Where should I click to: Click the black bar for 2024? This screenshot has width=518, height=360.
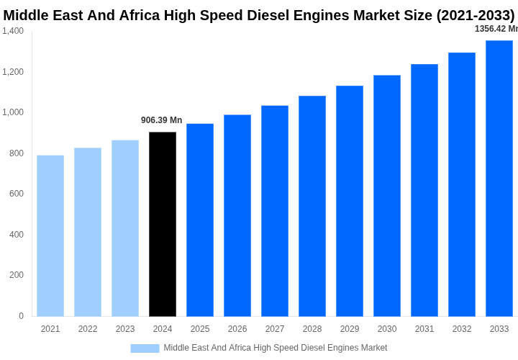click(x=163, y=224)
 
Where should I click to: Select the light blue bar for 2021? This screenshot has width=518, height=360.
click(x=50, y=235)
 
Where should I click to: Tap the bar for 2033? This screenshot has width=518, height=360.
click(x=499, y=178)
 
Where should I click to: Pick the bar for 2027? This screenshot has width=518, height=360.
click(x=275, y=211)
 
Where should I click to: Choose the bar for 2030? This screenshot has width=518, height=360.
click(x=387, y=196)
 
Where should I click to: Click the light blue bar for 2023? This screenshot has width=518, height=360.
click(x=125, y=228)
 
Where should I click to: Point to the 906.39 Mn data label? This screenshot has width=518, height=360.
click(x=162, y=120)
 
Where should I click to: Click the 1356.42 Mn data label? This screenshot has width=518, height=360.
click(x=496, y=29)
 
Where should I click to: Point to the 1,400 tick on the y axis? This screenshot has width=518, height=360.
click(x=13, y=31)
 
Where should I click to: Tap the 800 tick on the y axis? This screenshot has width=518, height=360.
click(x=17, y=153)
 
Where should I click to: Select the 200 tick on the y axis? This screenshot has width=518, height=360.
click(x=17, y=275)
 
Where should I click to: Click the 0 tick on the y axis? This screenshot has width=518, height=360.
click(x=21, y=316)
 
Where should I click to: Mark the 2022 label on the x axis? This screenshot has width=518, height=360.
click(x=88, y=329)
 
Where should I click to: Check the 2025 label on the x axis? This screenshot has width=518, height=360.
click(x=200, y=329)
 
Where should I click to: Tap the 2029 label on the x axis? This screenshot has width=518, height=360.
click(x=350, y=329)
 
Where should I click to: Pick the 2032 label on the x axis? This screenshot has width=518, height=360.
click(x=462, y=329)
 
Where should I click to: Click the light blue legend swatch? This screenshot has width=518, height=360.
click(x=145, y=348)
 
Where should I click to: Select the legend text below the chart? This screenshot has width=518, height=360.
click(x=276, y=348)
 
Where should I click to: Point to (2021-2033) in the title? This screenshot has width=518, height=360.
click(x=476, y=15)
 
